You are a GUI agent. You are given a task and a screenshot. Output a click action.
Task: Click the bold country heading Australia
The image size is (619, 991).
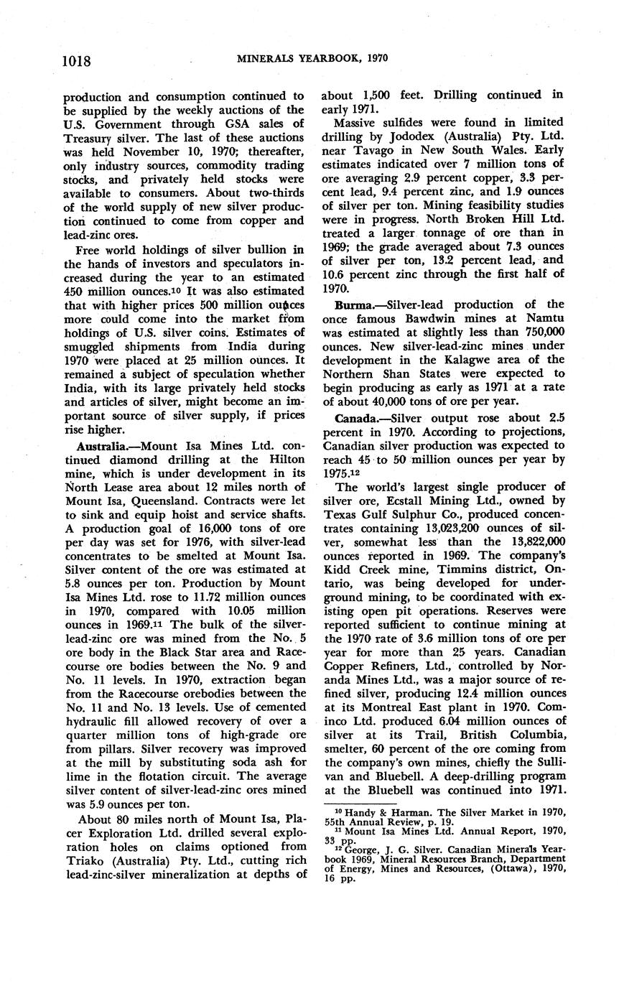coord(91,445)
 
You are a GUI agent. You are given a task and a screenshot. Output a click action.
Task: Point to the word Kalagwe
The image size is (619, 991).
coord(470,359)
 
